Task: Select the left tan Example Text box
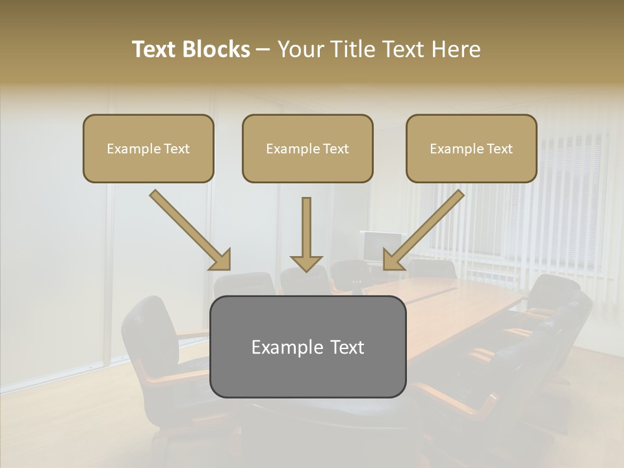148,148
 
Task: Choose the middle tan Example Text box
307,148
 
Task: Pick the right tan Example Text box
471,148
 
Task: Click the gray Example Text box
307,346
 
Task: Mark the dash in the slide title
263,50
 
